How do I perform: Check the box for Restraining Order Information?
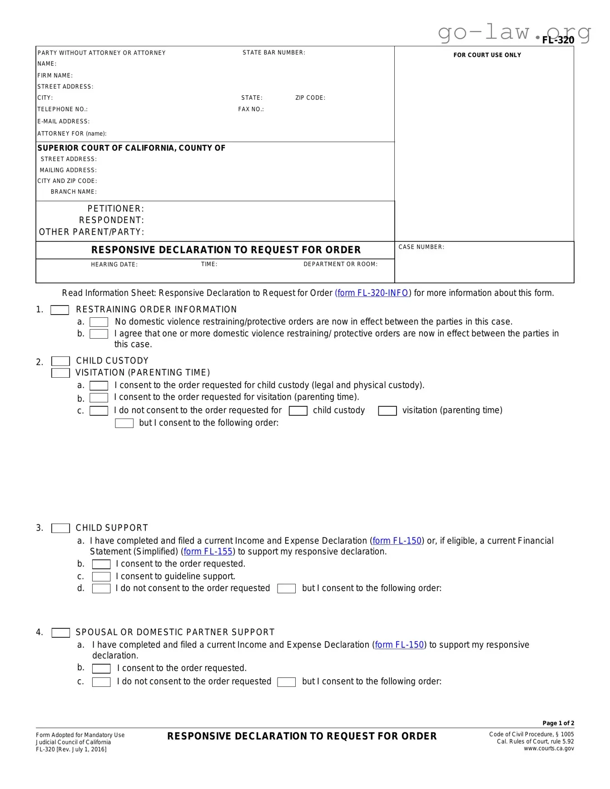[x=60, y=310]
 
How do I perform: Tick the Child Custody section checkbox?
[x=60, y=361]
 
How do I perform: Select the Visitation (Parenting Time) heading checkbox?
[x=60, y=373]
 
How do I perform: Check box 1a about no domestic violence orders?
[x=99, y=322]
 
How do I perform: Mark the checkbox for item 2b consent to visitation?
[x=99, y=398]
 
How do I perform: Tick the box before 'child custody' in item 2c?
[x=298, y=411]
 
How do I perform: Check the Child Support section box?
[x=60, y=528]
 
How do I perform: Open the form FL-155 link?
[x=208, y=552]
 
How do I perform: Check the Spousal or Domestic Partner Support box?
[x=60, y=633]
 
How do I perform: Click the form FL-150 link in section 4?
[x=399, y=645]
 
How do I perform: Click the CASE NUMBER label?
[x=421, y=247]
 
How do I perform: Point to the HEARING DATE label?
[x=114, y=265]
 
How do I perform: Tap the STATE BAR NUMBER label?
[x=273, y=53]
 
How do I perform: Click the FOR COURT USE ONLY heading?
[x=487, y=55]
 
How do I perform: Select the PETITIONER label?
[x=115, y=209]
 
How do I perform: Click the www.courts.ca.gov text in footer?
[x=548, y=749]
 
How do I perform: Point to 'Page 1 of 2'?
[x=558, y=723]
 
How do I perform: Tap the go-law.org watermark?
[x=513, y=33]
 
